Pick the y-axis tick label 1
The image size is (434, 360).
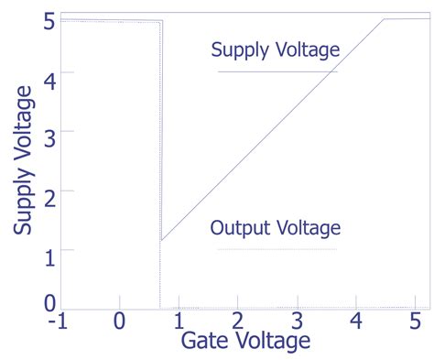48,252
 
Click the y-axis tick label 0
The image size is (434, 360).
48,301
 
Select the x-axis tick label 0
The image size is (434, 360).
119,322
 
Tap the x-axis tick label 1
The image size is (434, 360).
179,322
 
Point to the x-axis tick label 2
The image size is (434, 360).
238,322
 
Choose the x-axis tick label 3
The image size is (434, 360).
298,322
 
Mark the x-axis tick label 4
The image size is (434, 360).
356,322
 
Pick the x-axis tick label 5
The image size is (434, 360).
414,322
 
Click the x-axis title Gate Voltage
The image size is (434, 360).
245,342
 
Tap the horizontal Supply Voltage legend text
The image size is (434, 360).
276,49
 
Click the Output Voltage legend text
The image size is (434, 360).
276,227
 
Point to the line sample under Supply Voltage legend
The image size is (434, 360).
277,71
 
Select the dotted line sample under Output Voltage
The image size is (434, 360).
277,249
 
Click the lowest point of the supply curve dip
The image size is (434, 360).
161,241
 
